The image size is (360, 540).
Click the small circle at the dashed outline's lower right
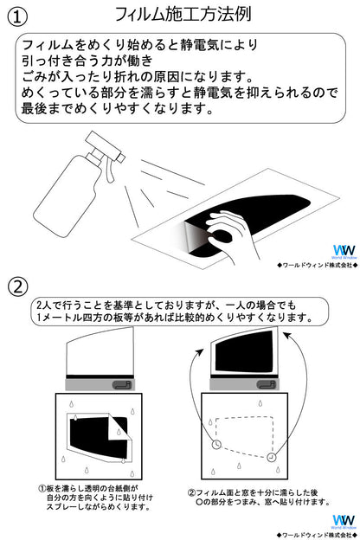tap(272, 457)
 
